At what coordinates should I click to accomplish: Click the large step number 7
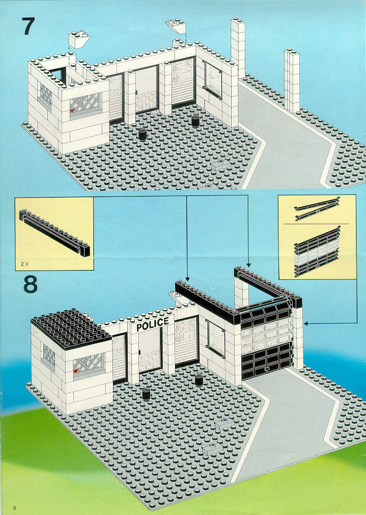(x=28, y=26)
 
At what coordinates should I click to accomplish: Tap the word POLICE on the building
(x=153, y=324)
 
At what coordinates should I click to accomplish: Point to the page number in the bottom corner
(x=14, y=507)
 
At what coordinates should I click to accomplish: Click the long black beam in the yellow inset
(x=54, y=233)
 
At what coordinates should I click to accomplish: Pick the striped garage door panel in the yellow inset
(x=317, y=252)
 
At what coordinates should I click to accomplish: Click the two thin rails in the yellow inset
(x=317, y=209)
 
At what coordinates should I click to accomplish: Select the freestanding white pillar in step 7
(x=291, y=80)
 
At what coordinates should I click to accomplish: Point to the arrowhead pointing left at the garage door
(x=306, y=324)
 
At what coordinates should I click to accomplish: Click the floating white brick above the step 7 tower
(x=79, y=39)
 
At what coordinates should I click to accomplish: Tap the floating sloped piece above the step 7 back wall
(x=176, y=26)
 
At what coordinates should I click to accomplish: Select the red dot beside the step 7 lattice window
(x=73, y=111)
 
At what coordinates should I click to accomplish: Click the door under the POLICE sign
(x=150, y=351)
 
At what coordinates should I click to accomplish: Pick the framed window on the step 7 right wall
(x=212, y=80)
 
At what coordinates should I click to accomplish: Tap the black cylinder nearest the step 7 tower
(x=142, y=134)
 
